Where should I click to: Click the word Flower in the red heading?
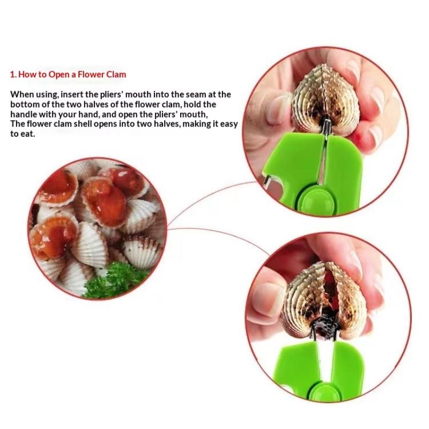[91, 75]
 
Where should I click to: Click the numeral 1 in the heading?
[12, 75]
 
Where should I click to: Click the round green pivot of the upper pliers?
[319, 201]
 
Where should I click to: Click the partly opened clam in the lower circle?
[324, 300]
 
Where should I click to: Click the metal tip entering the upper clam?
[326, 126]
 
